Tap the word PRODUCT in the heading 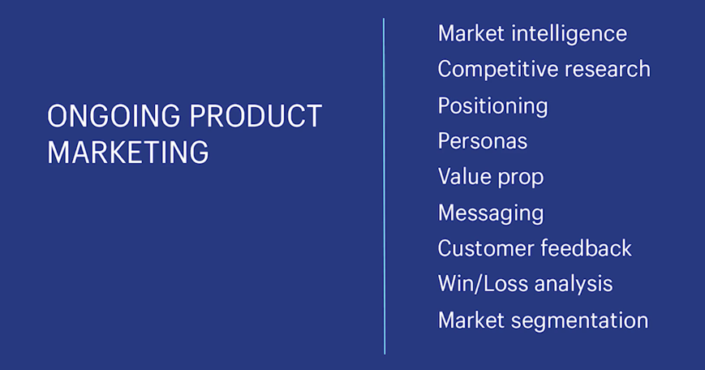(256, 116)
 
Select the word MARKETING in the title (128, 152)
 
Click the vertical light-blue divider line (384, 186)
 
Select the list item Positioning (492, 106)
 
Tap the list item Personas (483, 141)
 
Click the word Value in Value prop (462, 176)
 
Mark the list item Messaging (491, 213)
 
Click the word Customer (485, 248)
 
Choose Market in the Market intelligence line (471, 34)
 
